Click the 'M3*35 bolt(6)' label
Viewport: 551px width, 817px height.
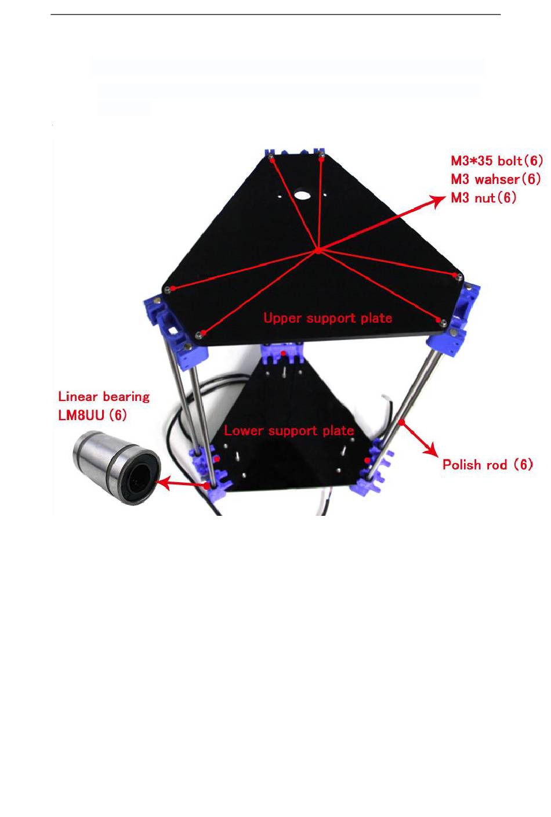(x=496, y=161)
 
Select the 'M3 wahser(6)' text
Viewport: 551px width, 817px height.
(x=496, y=179)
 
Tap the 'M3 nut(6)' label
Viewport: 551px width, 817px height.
(x=484, y=198)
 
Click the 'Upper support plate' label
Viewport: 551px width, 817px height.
(x=328, y=318)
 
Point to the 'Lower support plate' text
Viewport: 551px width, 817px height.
(x=289, y=431)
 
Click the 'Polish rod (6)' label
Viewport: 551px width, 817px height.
(x=487, y=464)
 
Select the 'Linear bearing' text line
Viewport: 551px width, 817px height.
(x=104, y=397)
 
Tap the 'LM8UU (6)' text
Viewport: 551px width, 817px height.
(x=92, y=415)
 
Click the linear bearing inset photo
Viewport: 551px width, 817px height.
(x=116, y=467)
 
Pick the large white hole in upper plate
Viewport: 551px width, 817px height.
(x=302, y=195)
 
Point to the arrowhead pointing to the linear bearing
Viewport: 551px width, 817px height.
(x=165, y=481)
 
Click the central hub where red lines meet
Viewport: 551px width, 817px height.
(x=318, y=250)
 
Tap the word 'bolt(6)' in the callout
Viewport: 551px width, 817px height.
(x=520, y=161)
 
